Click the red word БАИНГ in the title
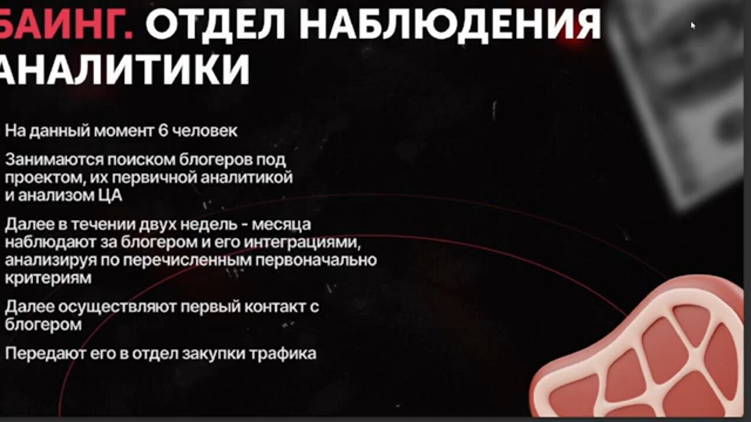coord(66,24)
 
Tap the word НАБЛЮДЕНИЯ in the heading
coord(449,25)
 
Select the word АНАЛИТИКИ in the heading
coord(124,69)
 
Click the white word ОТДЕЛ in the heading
coord(215,25)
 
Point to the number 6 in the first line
coord(163,131)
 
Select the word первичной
coord(155,178)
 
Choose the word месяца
coord(281,224)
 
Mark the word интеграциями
coord(302,243)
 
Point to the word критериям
coord(48,278)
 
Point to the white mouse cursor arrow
coord(693,25)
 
